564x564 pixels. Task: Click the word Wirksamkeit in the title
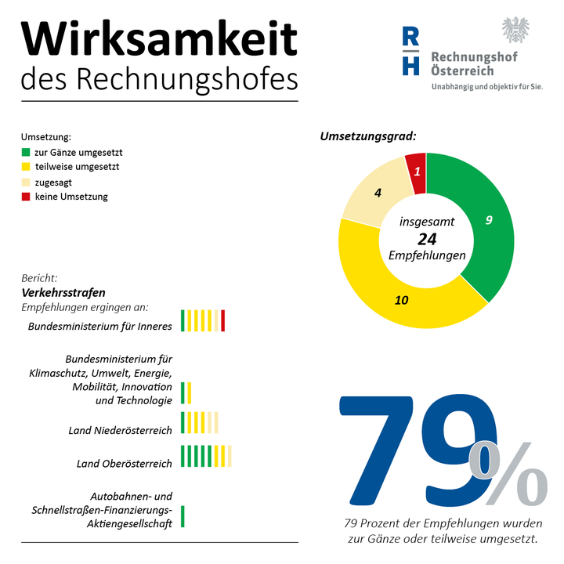click(159, 38)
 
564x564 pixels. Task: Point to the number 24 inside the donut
click(426, 239)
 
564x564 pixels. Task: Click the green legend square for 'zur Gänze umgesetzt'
click(26, 153)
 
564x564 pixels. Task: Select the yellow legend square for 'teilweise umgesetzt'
click(26, 168)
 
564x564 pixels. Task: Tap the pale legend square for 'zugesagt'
click(26, 183)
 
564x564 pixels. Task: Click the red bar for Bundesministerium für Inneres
click(223, 320)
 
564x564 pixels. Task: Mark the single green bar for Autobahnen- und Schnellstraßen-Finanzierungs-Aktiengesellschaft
click(183, 516)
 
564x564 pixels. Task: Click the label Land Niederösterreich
click(121, 430)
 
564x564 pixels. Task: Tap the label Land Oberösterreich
click(124, 464)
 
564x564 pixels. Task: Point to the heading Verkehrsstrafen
click(63, 292)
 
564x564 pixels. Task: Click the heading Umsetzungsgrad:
click(367, 136)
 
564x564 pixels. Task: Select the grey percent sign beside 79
click(508, 475)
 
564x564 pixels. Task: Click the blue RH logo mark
click(410, 52)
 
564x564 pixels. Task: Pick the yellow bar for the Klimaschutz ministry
click(190, 392)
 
